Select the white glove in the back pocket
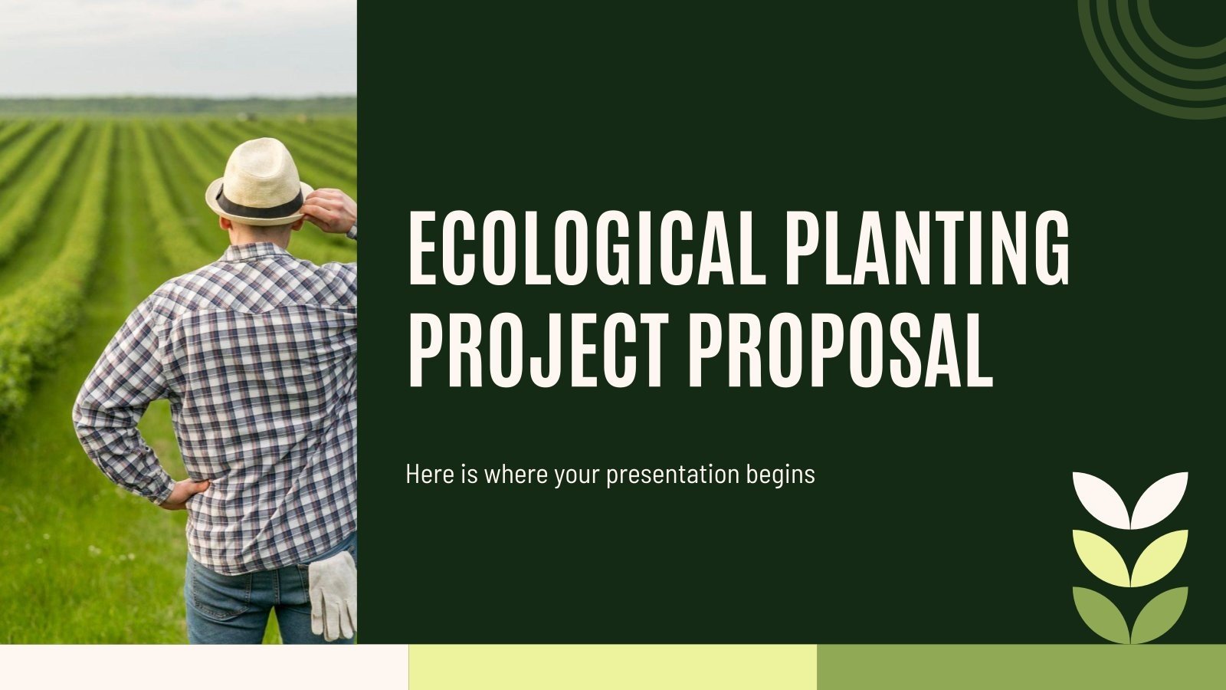point(333,593)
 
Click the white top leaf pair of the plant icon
point(1130,498)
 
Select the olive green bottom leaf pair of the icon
point(1130,613)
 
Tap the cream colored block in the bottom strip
point(204,667)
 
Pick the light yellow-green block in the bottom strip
point(613,667)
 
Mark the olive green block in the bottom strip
point(1021,667)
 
